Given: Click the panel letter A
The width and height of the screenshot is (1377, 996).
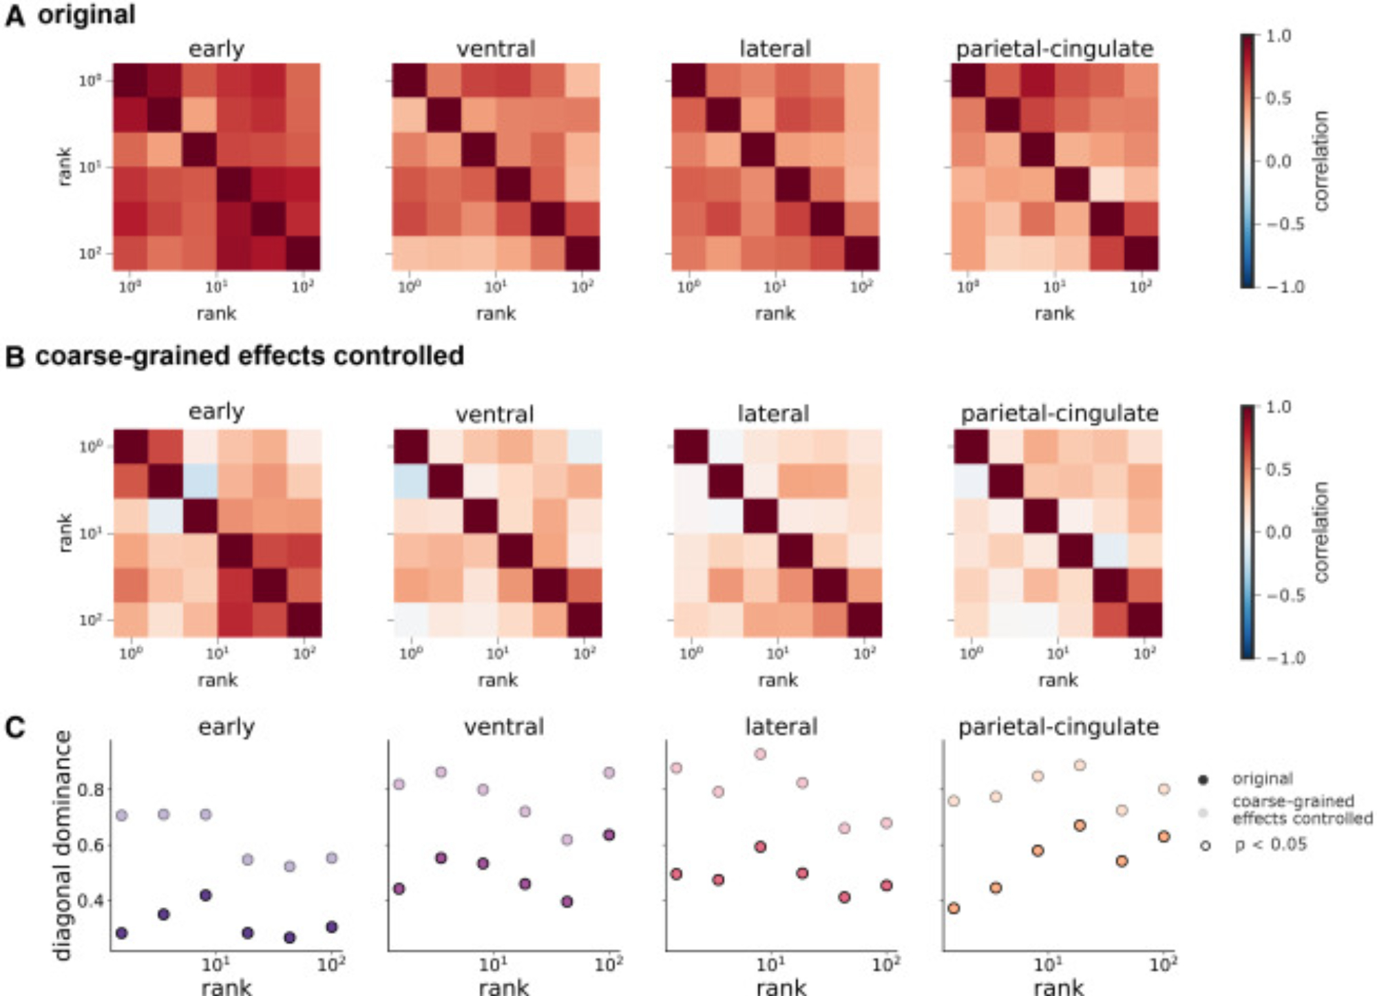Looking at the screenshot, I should coord(14,15).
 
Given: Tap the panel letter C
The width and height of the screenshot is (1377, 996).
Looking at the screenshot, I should coord(14,727).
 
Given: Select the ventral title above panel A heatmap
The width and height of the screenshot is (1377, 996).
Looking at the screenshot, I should coord(496,49).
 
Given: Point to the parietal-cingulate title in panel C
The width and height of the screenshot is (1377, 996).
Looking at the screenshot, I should coord(1058,727).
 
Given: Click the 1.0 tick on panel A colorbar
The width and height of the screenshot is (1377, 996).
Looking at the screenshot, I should coord(1278,36).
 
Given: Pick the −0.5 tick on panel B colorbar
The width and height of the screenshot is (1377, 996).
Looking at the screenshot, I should coord(1284,595).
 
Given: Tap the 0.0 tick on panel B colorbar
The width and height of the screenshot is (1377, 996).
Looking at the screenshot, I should coord(1279,532).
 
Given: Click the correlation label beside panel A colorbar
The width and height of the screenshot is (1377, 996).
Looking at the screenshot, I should coord(1321,161).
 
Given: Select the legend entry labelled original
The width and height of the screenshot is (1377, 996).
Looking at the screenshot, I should coord(1262,779).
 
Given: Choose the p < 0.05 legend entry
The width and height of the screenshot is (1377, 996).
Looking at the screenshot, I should coord(1270,844).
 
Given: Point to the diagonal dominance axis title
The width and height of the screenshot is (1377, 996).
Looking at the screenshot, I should coord(63,845).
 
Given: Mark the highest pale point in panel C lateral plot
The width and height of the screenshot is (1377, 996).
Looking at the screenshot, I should coord(760,754).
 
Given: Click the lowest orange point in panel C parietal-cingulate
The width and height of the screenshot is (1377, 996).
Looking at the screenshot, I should coord(954,909).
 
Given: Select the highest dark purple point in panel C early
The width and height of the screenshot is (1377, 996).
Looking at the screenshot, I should coord(205,895).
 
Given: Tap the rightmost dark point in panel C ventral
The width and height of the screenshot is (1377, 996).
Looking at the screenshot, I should coord(609,836).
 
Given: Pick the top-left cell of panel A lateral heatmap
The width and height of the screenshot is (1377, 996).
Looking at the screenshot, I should coord(689,81).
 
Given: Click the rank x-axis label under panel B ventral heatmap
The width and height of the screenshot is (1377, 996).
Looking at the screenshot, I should coord(498,680).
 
